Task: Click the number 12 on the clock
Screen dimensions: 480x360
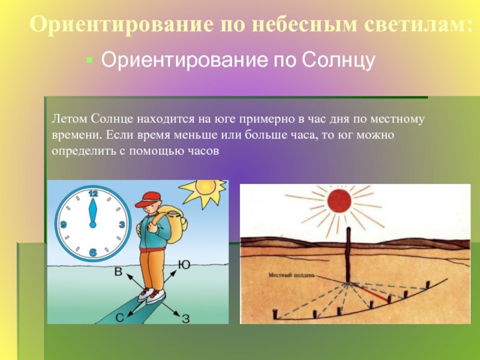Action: [93, 193]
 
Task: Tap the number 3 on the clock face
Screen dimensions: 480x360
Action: [122, 224]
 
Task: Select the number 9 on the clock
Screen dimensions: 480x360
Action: [64, 224]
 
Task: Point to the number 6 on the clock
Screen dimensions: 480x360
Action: [93, 253]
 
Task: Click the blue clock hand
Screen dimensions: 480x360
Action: [93, 213]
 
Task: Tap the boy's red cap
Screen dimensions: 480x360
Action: [148, 199]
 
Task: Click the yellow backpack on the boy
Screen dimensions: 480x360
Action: [173, 224]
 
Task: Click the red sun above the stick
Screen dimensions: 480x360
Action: [339, 201]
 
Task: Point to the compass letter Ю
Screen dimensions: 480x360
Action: [184, 265]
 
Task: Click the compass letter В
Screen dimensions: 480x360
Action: [118, 272]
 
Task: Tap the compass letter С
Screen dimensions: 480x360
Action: [119, 318]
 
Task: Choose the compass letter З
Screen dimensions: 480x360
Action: [186, 319]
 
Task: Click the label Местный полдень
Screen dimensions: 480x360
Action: [292, 275]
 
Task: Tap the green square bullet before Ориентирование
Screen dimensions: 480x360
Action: [89, 59]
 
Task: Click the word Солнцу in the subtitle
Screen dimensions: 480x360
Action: [338, 60]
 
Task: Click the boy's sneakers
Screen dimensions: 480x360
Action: [151, 295]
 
